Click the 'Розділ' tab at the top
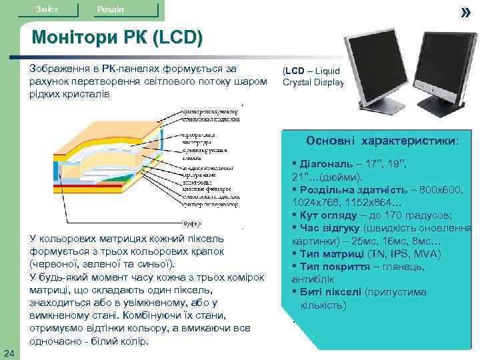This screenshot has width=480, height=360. (109, 8)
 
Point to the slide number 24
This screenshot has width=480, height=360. (7, 353)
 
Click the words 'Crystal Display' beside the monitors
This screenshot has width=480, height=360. (313, 83)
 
